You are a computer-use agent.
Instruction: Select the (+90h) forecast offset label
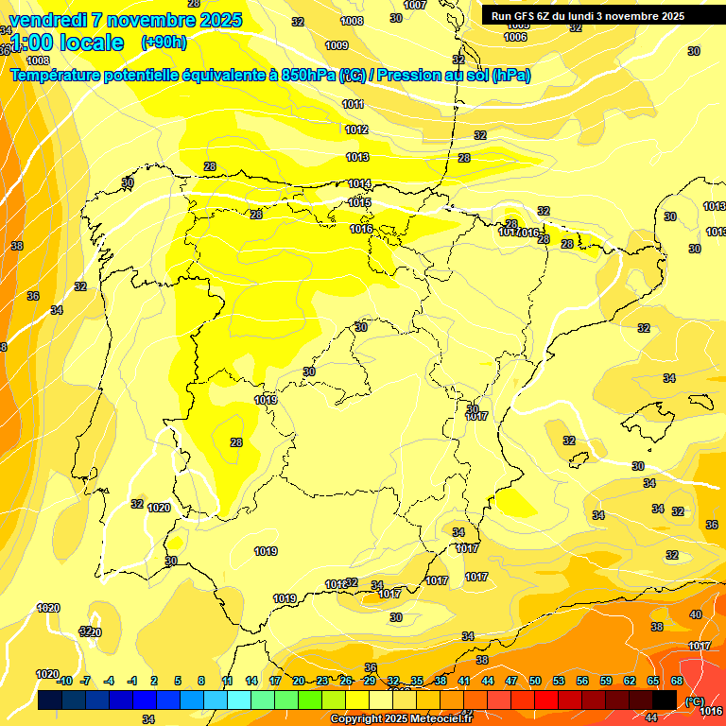(164, 43)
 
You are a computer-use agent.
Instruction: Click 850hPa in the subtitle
(308, 76)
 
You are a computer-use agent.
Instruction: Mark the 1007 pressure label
(414, 5)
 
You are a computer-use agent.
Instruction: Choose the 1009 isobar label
(336, 45)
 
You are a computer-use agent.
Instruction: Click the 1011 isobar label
(353, 104)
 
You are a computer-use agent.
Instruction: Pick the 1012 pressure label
(356, 130)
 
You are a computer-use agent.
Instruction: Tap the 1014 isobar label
(359, 183)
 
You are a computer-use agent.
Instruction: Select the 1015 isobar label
(359, 202)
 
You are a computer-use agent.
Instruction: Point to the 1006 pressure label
(515, 38)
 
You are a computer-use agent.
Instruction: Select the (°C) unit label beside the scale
(693, 700)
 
